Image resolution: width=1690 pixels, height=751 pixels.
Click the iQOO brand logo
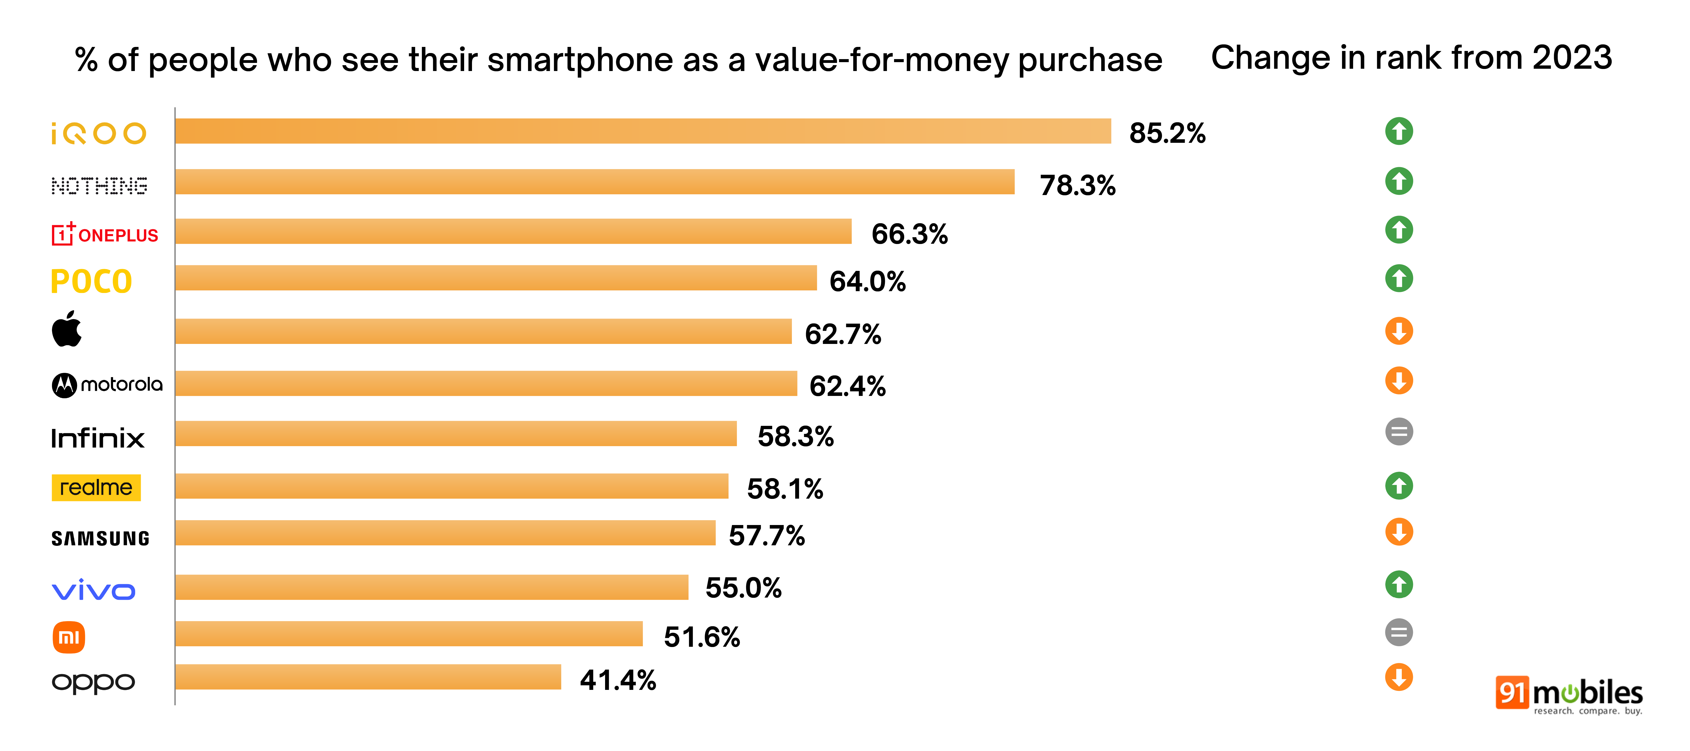point(98,133)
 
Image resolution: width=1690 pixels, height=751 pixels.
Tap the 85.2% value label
point(1167,133)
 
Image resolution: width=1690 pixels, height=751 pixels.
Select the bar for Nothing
point(594,182)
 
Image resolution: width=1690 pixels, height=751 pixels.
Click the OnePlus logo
point(105,234)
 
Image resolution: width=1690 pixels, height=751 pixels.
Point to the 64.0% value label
point(867,282)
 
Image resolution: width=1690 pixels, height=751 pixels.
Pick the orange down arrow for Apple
point(1399,331)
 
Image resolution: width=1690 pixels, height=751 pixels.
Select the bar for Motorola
point(485,383)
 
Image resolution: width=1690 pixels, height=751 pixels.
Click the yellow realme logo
point(96,488)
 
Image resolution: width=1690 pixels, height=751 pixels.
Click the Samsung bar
point(445,533)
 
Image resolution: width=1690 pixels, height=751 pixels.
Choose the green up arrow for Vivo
point(1399,584)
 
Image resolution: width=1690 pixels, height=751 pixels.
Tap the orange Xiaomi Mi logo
point(69,637)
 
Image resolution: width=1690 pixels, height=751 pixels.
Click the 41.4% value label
point(617,680)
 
